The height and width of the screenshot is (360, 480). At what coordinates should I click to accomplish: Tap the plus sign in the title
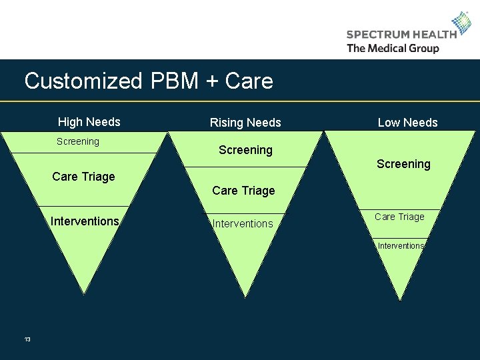(x=212, y=82)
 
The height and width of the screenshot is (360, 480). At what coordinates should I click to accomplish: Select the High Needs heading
(x=89, y=122)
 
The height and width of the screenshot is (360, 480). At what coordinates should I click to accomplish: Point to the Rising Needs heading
(x=245, y=123)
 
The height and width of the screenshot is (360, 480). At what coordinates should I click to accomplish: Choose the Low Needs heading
(x=407, y=123)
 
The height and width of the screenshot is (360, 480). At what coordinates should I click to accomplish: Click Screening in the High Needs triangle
(x=78, y=141)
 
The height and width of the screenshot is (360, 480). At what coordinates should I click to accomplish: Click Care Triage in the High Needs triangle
(x=83, y=177)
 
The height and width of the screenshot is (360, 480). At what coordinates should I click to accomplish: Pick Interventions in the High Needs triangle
(x=85, y=221)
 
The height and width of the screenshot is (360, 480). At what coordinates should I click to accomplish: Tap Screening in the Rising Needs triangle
(x=245, y=150)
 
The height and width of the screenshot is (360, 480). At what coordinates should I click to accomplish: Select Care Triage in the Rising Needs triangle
(x=243, y=191)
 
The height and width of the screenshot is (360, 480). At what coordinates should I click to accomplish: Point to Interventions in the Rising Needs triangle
(x=243, y=224)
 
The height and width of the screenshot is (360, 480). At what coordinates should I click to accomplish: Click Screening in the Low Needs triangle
(x=403, y=164)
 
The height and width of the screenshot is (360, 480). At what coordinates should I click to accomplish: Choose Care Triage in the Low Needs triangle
(x=399, y=217)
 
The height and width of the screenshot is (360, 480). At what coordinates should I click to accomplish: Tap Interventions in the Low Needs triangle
(x=401, y=246)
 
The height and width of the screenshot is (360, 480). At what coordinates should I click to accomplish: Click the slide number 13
(x=27, y=340)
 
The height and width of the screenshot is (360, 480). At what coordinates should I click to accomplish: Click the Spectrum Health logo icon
(x=461, y=24)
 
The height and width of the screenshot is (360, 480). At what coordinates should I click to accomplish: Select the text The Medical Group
(x=393, y=48)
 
